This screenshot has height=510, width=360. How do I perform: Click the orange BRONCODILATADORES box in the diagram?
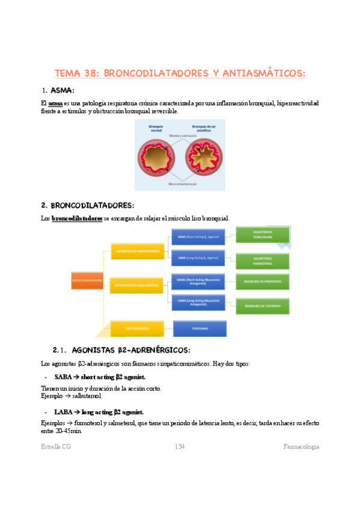coord(88,280)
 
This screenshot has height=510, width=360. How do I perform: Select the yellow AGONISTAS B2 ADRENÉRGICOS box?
coord(137,251)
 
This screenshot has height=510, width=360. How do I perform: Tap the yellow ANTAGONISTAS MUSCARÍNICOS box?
coord(137,284)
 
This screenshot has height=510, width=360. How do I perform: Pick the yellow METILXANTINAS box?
coord(137,328)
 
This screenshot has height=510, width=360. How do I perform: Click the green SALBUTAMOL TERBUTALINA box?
coord(263,235)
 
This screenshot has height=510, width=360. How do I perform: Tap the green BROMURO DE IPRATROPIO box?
coord(263,281)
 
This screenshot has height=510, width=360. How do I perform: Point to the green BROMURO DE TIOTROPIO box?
coord(263,306)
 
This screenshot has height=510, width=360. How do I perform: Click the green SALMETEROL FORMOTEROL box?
coord(263,260)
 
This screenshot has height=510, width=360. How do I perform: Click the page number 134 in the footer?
coord(179,446)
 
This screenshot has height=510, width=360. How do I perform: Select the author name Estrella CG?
coord(56,446)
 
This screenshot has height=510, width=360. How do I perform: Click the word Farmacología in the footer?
coord(301,446)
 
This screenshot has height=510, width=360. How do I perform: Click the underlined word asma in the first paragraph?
coord(55,103)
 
